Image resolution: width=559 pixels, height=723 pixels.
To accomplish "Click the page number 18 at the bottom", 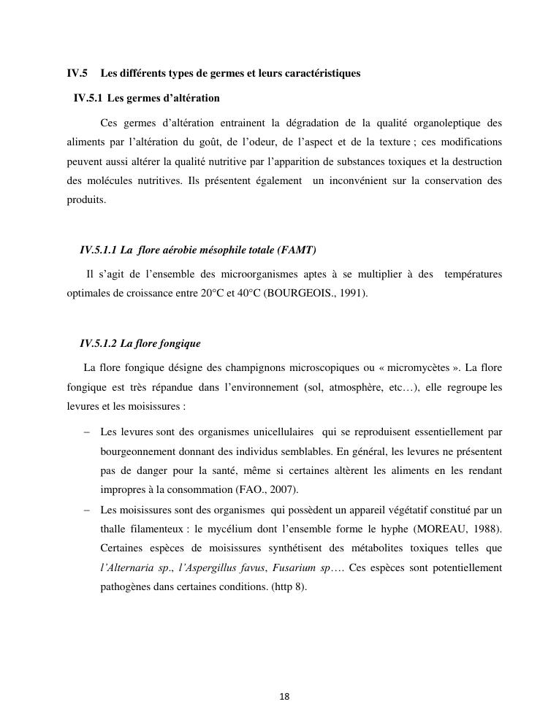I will (x=284, y=697).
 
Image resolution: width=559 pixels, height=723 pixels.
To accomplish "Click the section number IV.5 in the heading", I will (x=77, y=73).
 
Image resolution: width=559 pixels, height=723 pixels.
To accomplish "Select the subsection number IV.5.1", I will (x=88, y=97).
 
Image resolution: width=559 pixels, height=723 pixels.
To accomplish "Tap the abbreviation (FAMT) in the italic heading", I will (x=297, y=250).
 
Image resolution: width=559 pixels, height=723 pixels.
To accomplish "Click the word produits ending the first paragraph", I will (x=85, y=199).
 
